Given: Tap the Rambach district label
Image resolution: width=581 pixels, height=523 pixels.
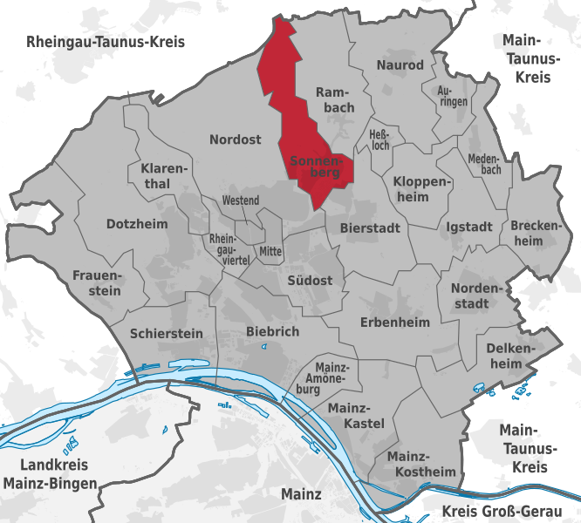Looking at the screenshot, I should pyautogui.click(x=335, y=99).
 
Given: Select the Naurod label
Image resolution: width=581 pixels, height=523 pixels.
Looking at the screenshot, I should pyautogui.click(x=400, y=65).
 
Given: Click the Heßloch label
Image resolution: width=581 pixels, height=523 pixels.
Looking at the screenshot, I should pyautogui.click(x=382, y=139).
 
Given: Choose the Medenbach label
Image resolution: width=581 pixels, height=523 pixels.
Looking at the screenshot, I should pyautogui.click(x=484, y=164).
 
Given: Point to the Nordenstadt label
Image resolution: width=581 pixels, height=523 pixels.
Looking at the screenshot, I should pyautogui.click(x=477, y=295).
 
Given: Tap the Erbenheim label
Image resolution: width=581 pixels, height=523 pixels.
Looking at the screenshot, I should pyautogui.click(x=396, y=323).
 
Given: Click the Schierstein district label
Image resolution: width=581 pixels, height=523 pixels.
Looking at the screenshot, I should pyautogui.click(x=166, y=333).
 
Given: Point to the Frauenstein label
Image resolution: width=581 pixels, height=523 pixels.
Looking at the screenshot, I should pyautogui.click(x=97, y=283).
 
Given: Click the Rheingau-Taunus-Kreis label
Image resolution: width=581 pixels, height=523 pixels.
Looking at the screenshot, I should pyautogui.click(x=106, y=42).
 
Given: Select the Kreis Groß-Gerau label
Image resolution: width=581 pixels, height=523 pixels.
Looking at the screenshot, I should pyautogui.click(x=509, y=511).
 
